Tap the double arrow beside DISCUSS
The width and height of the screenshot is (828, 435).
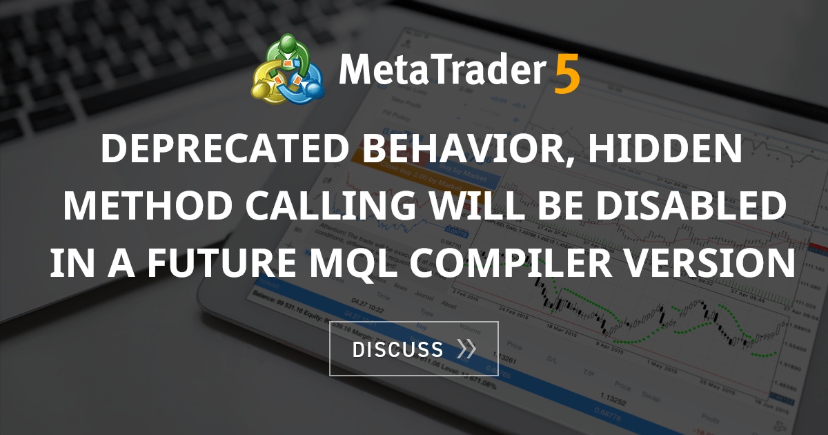point(466,349)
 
